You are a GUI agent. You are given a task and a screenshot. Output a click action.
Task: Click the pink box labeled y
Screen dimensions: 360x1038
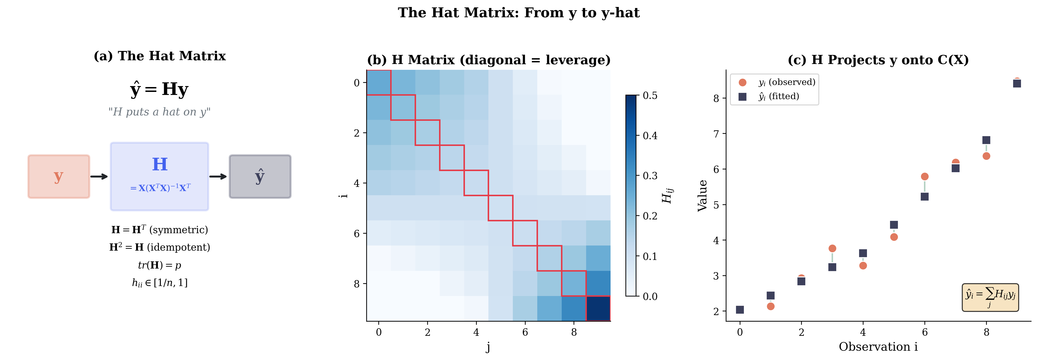click(59, 177)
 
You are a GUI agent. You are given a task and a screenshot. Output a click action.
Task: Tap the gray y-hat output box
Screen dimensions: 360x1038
click(260, 177)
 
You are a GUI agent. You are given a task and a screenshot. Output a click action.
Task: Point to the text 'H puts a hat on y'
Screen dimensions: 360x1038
click(160, 112)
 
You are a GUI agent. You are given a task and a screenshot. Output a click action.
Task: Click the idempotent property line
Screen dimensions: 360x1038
click(160, 247)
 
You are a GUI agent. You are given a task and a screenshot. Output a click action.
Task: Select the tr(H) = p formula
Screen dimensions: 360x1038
click(160, 265)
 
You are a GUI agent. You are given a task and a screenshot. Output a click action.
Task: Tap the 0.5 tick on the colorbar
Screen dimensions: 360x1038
click(650, 96)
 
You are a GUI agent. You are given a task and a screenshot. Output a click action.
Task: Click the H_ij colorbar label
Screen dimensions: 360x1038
click(667, 195)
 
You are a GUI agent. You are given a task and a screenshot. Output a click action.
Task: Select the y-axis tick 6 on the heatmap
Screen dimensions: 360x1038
click(357, 233)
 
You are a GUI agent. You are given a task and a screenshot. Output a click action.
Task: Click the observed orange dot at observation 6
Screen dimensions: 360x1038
click(925, 177)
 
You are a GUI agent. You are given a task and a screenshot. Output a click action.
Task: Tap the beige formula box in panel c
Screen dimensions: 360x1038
click(990, 297)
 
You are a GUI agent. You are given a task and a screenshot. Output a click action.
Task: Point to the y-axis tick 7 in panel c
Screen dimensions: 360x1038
click(716, 134)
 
